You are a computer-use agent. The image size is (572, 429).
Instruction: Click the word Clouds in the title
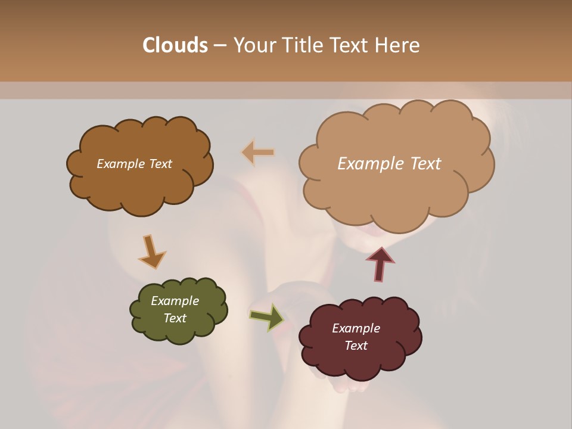point(175,45)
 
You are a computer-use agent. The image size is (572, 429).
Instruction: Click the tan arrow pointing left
point(259,153)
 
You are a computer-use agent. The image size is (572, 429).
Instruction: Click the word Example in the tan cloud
point(369,164)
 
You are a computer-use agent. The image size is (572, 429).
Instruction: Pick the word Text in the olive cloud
point(175,318)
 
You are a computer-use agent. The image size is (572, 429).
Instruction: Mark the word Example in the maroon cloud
point(356,328)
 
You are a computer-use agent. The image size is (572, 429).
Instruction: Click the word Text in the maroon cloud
point(356,346)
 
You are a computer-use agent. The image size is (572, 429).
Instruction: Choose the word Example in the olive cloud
point(175,301)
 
